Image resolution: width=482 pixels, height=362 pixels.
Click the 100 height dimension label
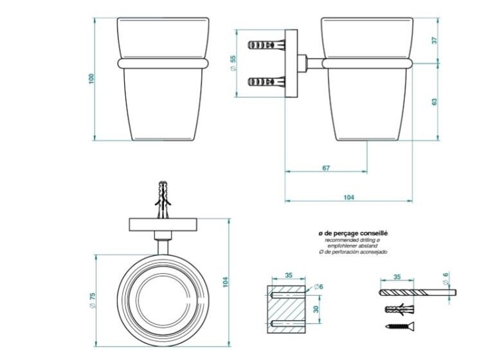91,78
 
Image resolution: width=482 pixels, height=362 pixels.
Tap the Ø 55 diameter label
233,64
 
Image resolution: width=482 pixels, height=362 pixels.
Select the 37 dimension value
434,41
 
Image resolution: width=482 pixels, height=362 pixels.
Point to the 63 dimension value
434,102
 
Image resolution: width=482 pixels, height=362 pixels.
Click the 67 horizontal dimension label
326,168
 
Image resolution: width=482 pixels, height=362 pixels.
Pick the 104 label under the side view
348,197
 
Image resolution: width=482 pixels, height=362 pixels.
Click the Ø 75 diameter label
93,300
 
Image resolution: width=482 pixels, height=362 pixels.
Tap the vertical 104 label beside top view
226,282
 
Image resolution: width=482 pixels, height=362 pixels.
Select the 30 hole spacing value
316,309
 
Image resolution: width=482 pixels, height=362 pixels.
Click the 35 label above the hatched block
289,275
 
